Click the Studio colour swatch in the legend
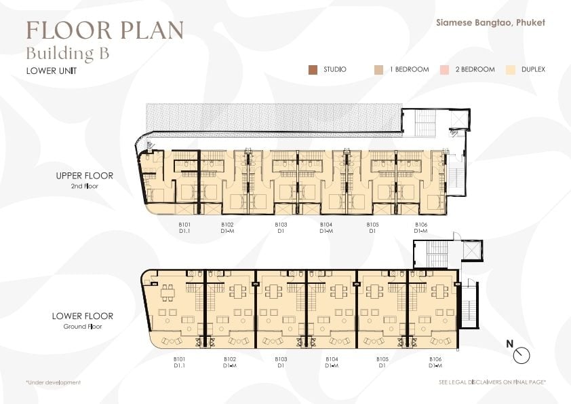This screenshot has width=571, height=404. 313,70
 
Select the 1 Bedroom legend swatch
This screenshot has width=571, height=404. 378,70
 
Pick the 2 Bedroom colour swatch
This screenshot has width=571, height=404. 444,70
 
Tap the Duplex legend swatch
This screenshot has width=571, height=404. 511,70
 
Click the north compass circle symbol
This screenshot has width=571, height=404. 521,355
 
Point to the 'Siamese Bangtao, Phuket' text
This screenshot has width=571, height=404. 490,22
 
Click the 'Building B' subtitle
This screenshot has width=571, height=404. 68,54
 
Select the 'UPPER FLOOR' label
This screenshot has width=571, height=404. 85,176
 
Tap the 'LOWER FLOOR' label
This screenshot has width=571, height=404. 83,316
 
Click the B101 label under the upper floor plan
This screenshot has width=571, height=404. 184,225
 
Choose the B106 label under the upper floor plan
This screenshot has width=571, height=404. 421,225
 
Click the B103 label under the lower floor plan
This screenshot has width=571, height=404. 281,359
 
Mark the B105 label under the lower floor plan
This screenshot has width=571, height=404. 382,359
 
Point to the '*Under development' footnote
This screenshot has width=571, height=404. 53,382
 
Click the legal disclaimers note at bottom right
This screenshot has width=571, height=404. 492,382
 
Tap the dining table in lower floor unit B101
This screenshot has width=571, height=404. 168,293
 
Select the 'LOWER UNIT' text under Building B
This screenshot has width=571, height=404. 52,71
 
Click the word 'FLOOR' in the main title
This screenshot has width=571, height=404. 68,31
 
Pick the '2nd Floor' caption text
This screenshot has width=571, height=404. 85,186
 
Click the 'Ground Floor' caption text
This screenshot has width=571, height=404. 83,327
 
